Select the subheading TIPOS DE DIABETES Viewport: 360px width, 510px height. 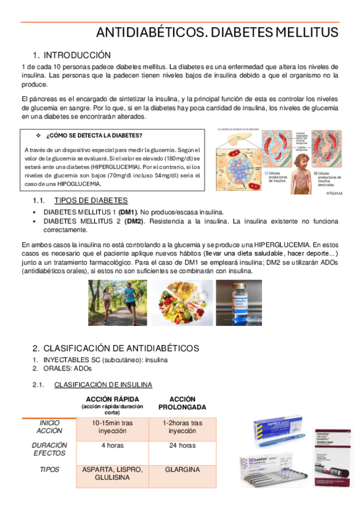pos(91,200)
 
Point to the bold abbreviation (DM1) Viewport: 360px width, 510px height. pos(127,212)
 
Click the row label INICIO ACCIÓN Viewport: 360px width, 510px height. pos(49,427)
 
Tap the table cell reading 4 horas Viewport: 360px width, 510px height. pos(112,446)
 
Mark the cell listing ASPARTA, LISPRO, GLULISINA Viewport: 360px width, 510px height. pos(112,473)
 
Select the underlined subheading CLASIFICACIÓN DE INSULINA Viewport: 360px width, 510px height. pos(103,384)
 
